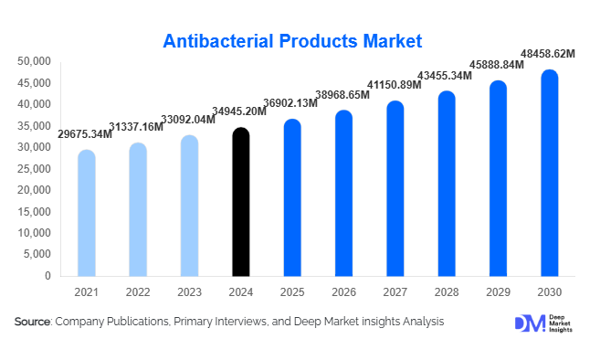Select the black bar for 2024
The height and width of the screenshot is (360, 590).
(240, 203)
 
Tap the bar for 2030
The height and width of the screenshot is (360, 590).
(549, 174)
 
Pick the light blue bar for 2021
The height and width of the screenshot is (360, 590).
(87, 214)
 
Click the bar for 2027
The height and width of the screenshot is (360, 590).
(395, 189)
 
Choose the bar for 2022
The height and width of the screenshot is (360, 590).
(138, 210)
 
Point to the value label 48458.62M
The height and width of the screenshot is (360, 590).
(547, 55)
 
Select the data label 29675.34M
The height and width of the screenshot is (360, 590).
(84, 134)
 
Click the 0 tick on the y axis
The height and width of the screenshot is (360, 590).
(47, 275)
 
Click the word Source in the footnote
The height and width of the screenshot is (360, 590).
(33, 322)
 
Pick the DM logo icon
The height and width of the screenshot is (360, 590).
(530, 323)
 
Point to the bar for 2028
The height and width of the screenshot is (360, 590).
(446, 184)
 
